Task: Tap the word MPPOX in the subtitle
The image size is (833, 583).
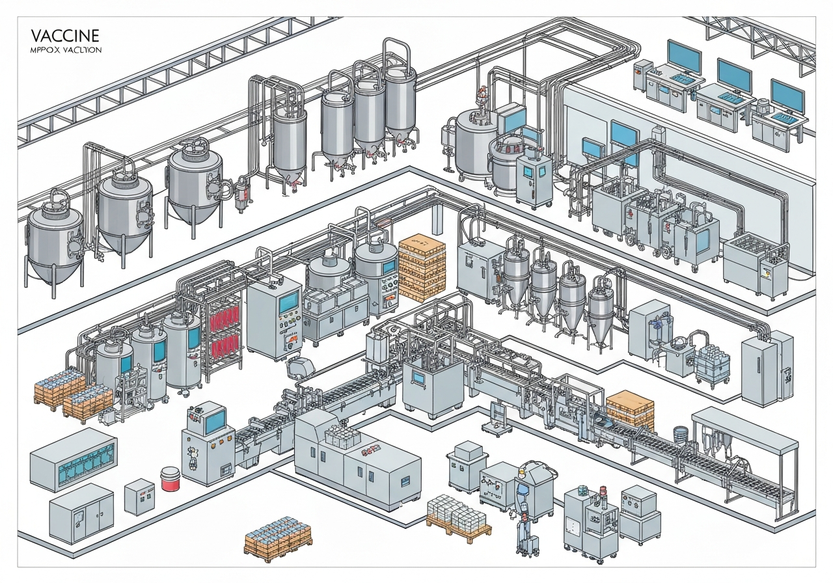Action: tap(42, 49)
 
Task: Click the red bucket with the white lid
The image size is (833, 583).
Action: tap(170, 479)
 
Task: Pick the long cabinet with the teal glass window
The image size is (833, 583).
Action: tap(73, 460)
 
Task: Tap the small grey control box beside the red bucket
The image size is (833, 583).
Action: tap(139, 496)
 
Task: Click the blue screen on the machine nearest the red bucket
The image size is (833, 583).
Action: tap(214, 420)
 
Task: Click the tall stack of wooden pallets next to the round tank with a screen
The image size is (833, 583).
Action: tap(422, 267)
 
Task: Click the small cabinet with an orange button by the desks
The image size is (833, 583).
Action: tap(642, 75)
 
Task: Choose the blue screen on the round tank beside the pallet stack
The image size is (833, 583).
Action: tap(389, 267)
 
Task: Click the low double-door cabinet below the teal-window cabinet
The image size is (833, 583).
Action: tap(81, 513)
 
